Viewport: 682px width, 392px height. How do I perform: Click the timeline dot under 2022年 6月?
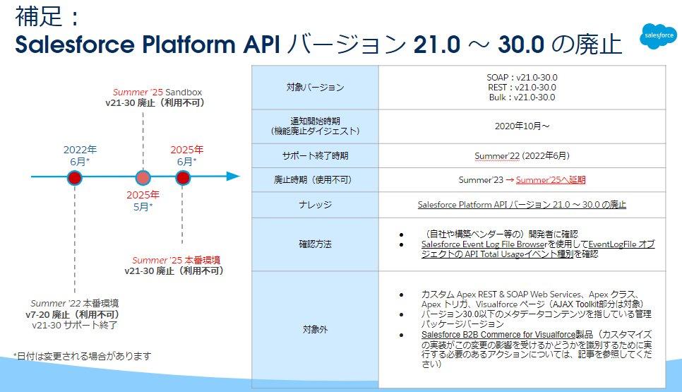click(x=75, y=177)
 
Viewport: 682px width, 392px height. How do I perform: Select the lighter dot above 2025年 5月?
click(x=143, y=177)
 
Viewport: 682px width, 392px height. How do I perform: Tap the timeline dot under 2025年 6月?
click(x=183, y=177)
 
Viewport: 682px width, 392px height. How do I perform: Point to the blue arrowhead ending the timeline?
click(x=233, y=177)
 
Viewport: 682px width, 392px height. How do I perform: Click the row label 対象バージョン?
click(x=315, y=88)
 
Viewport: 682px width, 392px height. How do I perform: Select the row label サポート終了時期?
click(x=315, y=155)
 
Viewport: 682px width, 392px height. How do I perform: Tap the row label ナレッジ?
click(x=315, y=205)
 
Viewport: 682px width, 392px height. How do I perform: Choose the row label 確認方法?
click(x=315, y=244)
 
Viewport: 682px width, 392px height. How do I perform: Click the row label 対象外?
click(x=315, y=328)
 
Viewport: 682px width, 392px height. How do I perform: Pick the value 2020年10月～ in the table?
click(x=522, y=126)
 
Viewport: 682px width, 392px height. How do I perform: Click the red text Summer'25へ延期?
click(x=551, y=180)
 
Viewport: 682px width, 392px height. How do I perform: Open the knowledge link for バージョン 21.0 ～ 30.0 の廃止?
click(x=522, y=205)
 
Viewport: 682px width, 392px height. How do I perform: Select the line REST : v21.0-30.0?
click(x=522, y=88)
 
